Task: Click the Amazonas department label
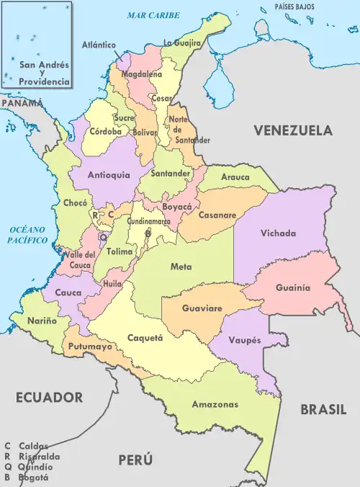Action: click(x=215, y=404)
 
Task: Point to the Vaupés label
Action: click(x=247, y=339)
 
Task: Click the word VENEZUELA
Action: click(x=292, y=131)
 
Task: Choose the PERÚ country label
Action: click(x=136, y=459)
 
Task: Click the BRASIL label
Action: click(x=323, y=409)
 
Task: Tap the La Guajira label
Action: click(x=182, y=43)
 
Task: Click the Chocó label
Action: click(x=75, y=204)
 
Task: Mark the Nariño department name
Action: click(x=42, y=321)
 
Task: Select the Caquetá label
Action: click(x=145, y=338)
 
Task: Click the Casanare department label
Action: click(x=217, y=215)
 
